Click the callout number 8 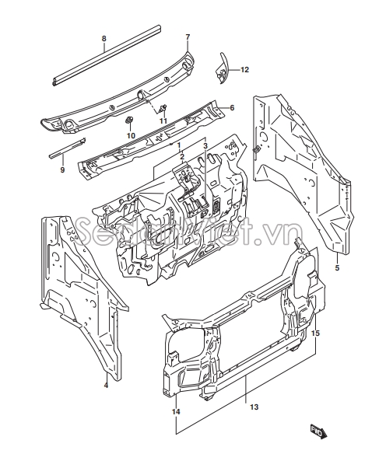coord(104,39)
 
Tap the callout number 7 coord(188,37)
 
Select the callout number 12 coord(244,70)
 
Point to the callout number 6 coord(232,108)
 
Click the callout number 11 coord(163,120)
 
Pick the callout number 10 coord(131,135)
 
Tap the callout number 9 coord(62,169)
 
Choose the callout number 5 coord(337,268)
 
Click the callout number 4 coord(106,385)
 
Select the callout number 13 coord(254,407)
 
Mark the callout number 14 coord(176,412)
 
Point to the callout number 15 coord(316,334)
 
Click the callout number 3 coord(205,146)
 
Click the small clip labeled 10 coord(128,120)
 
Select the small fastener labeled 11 coord(163,109)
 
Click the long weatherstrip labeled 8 coord(107,55)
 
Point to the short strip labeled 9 coord(67,148)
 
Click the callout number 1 coord(178,146)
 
